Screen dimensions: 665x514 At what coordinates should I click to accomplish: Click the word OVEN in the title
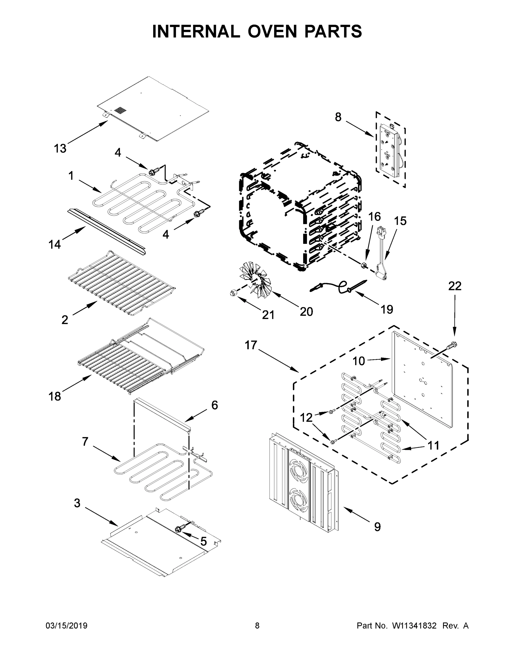[272, 31]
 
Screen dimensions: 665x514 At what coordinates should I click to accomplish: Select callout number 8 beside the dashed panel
[338, 117]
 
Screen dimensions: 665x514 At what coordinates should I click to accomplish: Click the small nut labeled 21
[233, 293]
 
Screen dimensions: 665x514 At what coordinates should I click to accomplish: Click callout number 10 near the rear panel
[359, 361]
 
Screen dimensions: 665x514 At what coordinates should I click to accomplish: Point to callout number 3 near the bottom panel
[77, 503]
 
